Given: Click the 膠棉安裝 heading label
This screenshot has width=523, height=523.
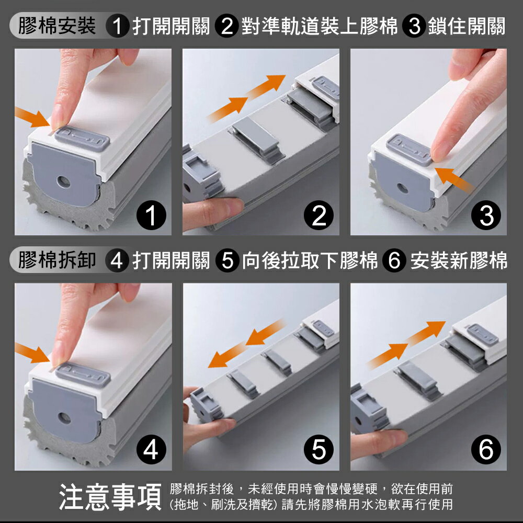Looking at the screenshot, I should click(56, 26).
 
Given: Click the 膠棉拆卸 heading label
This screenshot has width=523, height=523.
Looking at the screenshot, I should click(56, 260).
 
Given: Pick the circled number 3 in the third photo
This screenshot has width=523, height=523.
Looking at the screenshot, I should click(486, 216).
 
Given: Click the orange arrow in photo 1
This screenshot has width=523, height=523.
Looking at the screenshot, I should click(32, 118).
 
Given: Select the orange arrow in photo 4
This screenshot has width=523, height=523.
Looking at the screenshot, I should click(32, 353).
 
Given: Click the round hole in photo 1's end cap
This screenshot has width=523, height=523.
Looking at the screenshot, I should click(63, 182).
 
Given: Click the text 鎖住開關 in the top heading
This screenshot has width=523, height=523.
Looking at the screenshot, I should click(466, 26).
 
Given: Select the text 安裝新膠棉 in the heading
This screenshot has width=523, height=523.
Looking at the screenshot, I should click(459, 260).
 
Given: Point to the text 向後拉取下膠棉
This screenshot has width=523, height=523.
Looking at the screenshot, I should click(310, 260).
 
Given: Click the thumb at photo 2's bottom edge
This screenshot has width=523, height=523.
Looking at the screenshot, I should click(209, 209).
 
